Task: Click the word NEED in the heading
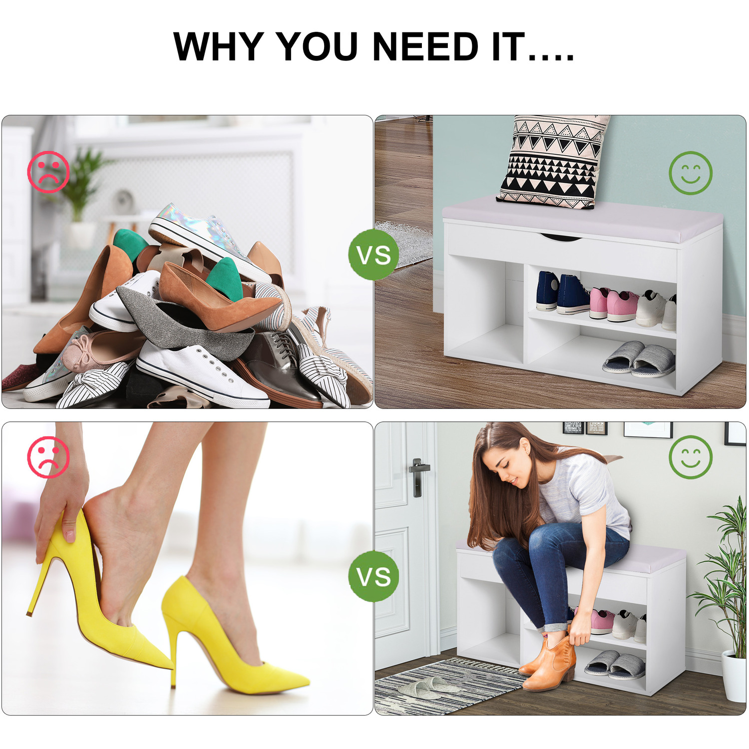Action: [x=426, y=46]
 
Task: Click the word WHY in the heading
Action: [x=218, y=46]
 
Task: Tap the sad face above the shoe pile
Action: [x=48, y=172]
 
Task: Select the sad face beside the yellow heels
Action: [x=48, y=457]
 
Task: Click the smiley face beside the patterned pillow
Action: [x=691, y=173]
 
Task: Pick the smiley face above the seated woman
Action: [x=691, y=457]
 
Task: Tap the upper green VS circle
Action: [x=374, y=255]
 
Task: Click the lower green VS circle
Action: [x=374, y=576]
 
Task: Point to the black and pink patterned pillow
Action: [x=553, y=161]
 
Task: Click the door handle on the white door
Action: [x=417, y=477]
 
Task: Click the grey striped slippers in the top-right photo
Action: [x=640, y=359]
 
